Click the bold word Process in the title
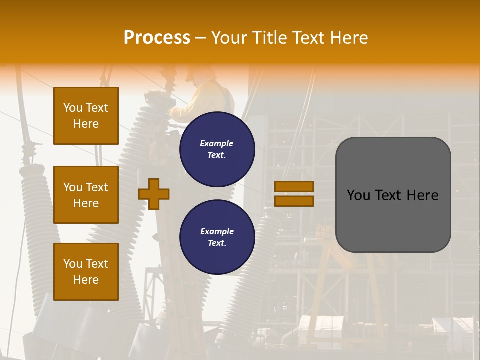pos(157,38)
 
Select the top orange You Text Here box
pos(86,116)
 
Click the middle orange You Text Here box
pos(86,195)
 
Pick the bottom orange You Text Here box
pos(86,271)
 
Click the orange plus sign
pos(154,194)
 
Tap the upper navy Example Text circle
pos(217,149)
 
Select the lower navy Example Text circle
pos(217,237)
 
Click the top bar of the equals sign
pos(294,187)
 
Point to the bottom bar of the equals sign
pos(294,201)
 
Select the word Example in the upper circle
pos(217,144)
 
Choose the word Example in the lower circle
pos(217,232)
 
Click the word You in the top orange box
pos(73,108)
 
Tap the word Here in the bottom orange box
pos(86,280)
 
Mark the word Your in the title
pos(230,38)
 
